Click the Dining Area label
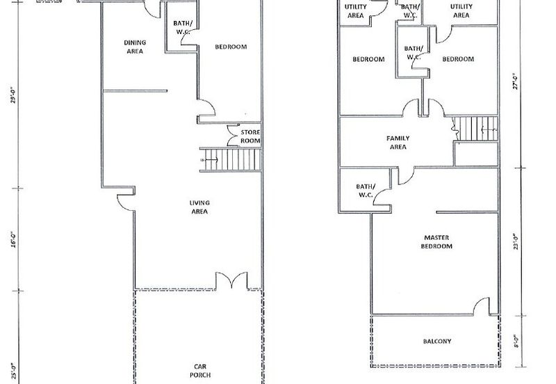coord(135,47)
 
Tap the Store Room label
coord(250,136)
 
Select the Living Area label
coord(199,207)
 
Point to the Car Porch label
coord(200,371)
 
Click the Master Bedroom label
coord(436,241)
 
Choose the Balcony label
coord(437,342)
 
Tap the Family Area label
coord(398,143)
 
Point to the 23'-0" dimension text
coord(516,241)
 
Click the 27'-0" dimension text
coord(516,81)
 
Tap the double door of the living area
coord(232,281)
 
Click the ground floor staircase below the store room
coord(231,160)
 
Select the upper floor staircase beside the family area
coord(475,129)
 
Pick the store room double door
coord(234,135)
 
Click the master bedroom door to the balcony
coord(482,306)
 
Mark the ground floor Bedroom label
coord(231,47)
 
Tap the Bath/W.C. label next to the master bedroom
coord(366,191)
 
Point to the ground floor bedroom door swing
coord(206,108)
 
